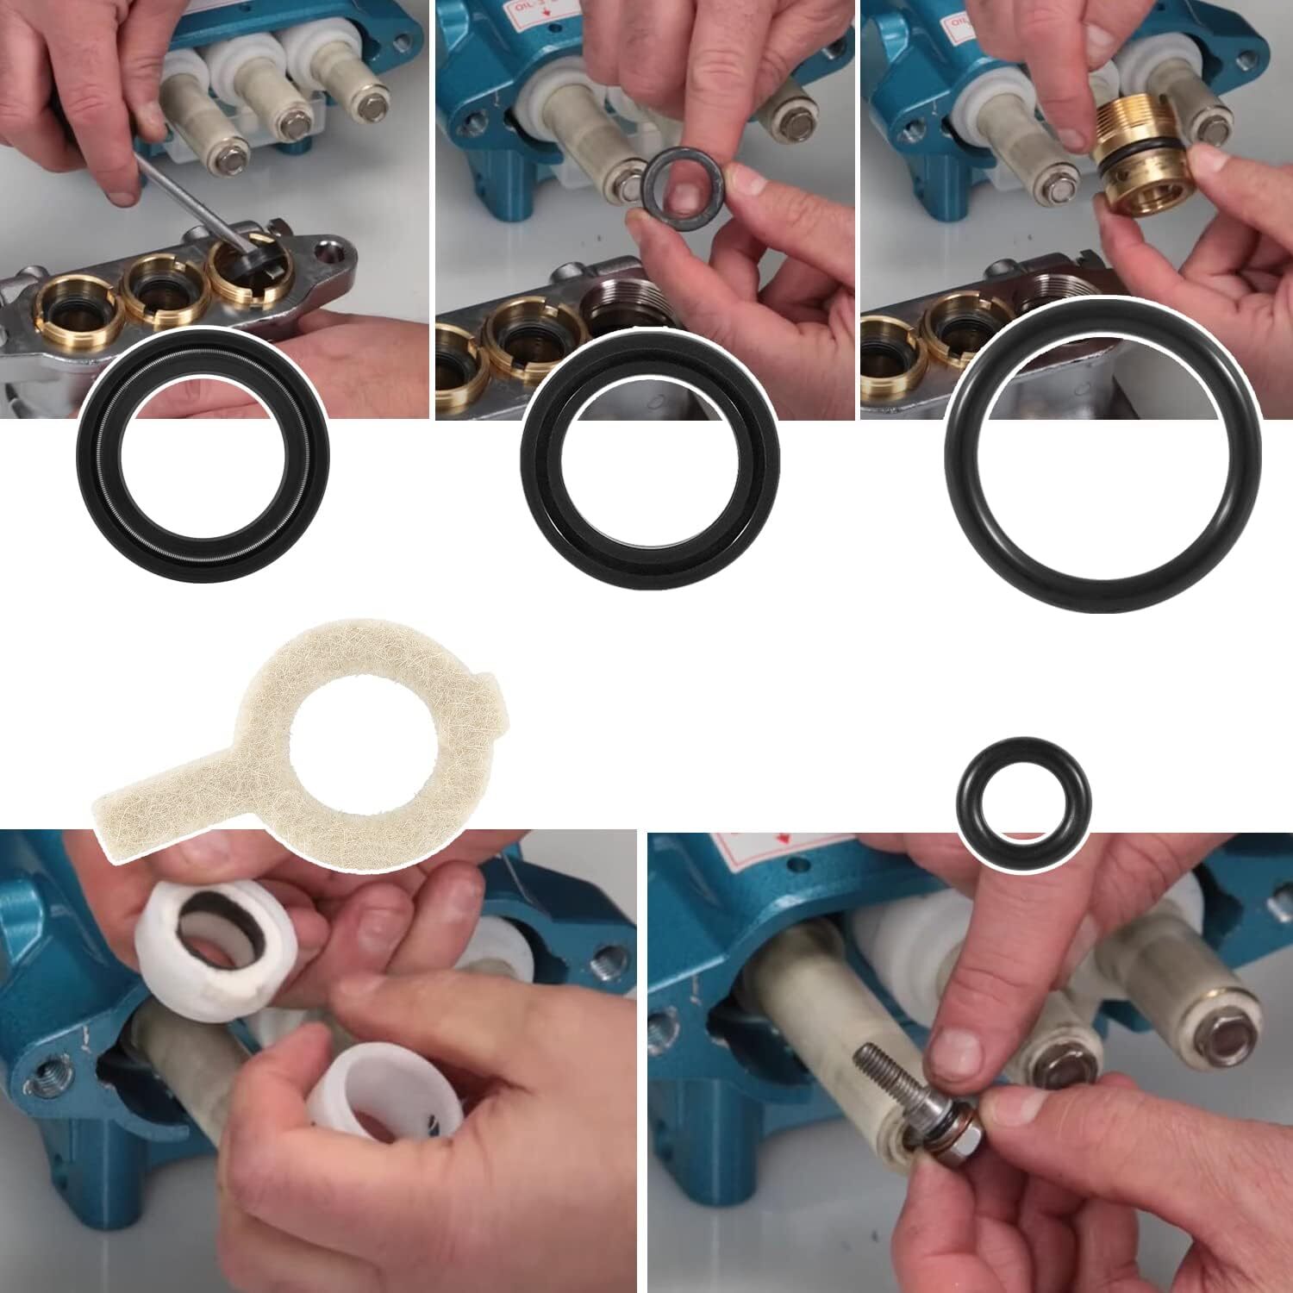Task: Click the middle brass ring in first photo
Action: [x=159, y=289]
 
